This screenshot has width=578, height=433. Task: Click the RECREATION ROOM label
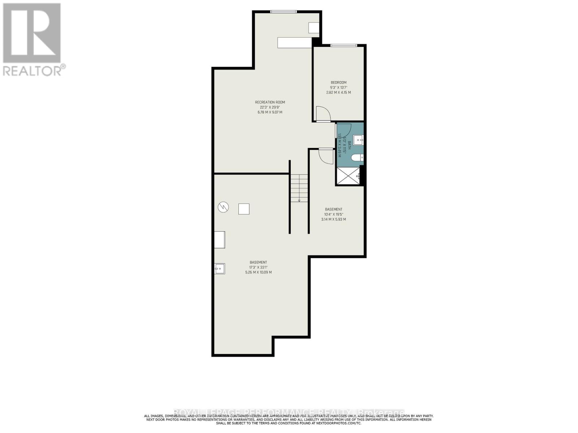pyautogui.click(x=270, y=102)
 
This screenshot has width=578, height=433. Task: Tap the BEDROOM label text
pyautogui.click(x=338, y=82)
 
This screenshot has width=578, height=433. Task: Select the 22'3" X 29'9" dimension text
pyautogui.click(x=270, y=107)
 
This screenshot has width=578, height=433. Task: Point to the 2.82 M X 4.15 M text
pyautogui.click(x=338, y=92)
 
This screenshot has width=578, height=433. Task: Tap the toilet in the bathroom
pyautogui.click(x=358, y=158)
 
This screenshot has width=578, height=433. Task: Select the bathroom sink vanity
pyautogui.click(x=358, y=140)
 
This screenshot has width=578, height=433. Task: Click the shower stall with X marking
pyautogui.click(x=349, y=176)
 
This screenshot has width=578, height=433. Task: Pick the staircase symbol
pyautogui.click(x=299, y=188)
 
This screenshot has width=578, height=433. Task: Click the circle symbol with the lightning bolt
pyautogui.click(x=223, y=207)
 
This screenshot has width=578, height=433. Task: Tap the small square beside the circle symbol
pyautogui.click(x=244, y=209)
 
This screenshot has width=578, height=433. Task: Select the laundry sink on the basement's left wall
pyautogui.click(x=220, y=269)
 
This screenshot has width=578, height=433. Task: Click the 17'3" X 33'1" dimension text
pyautogui.click(x=258, y=267)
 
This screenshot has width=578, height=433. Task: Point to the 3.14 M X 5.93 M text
pyautogui.click(x=333, y=219)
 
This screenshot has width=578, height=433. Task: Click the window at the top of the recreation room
pyautogui.click(x=284, y=12)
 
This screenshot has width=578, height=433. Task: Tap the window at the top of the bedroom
pyautogui.click(x=344, y=45)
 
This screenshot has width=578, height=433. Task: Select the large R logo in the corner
pyautogui.click(x=32, y=33)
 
